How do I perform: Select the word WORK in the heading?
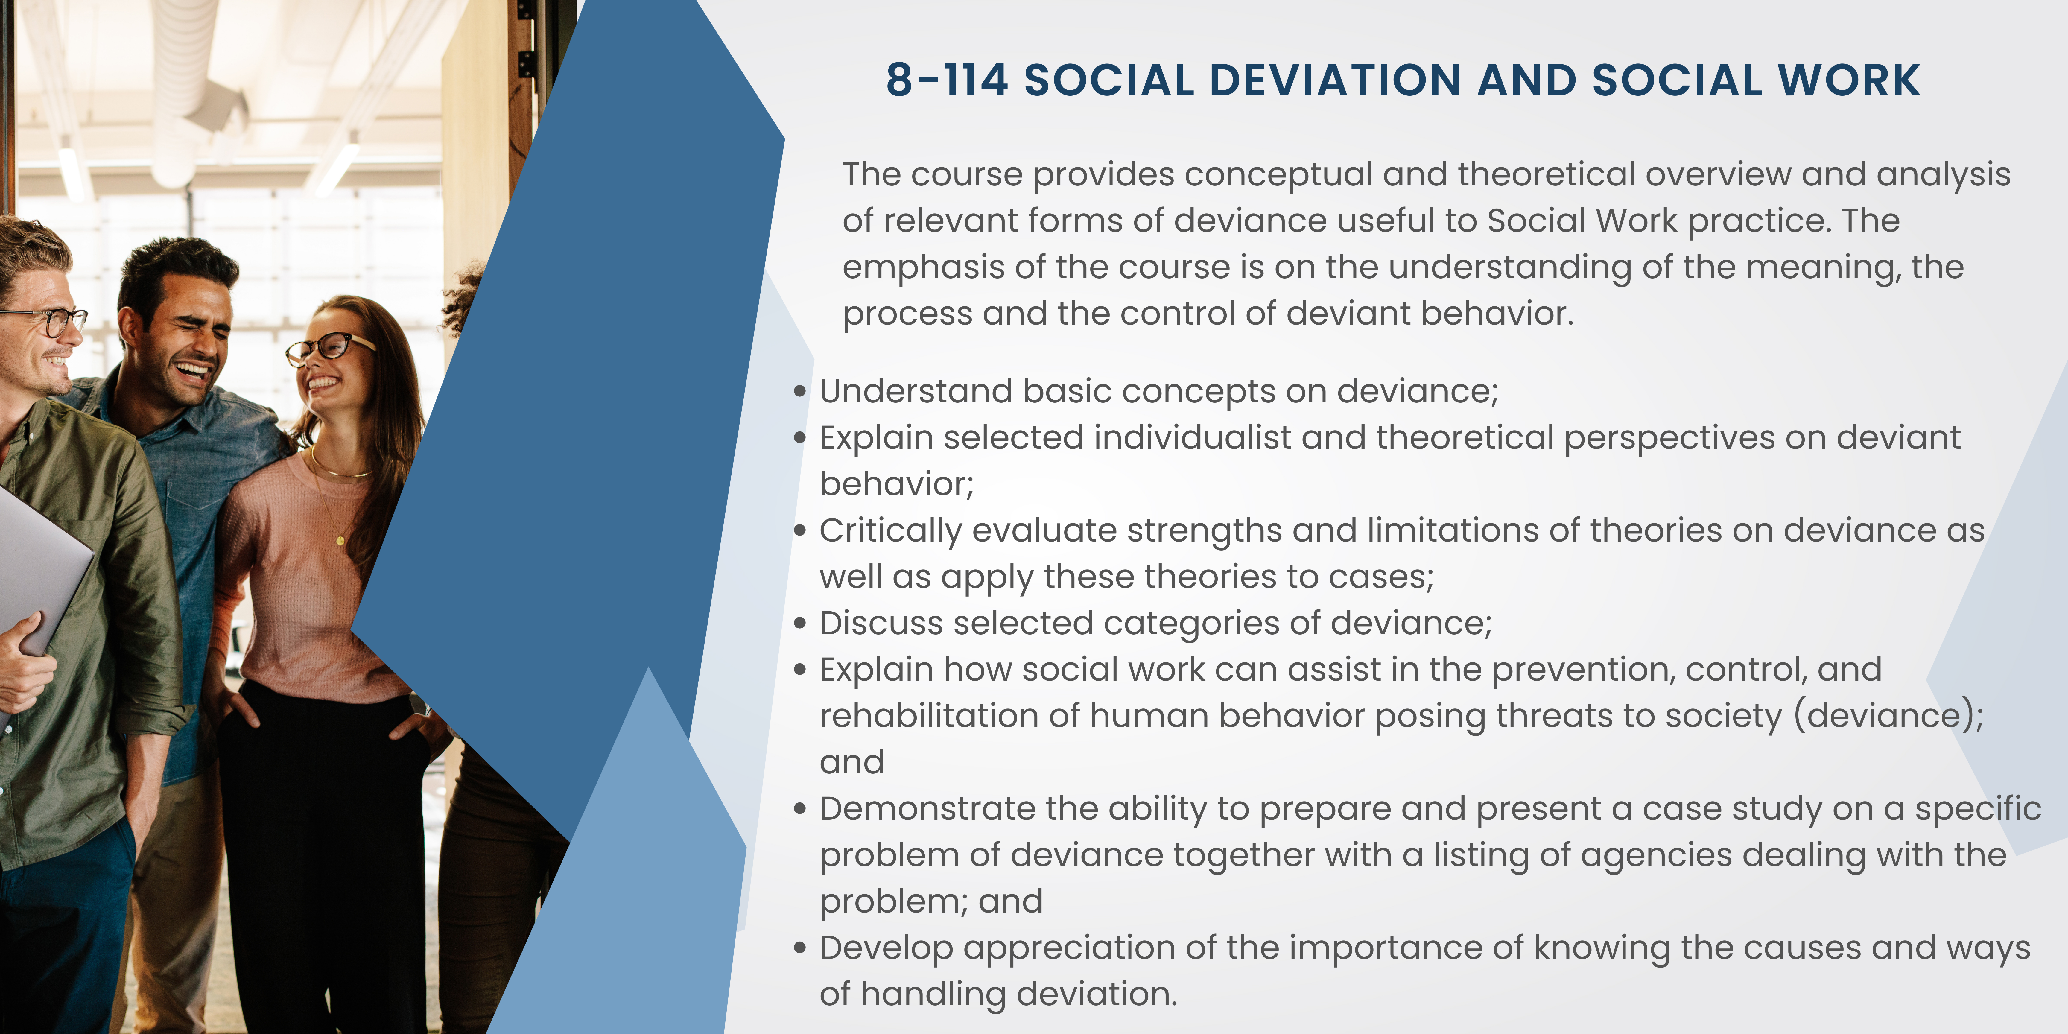click(x=1849, y=80)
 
